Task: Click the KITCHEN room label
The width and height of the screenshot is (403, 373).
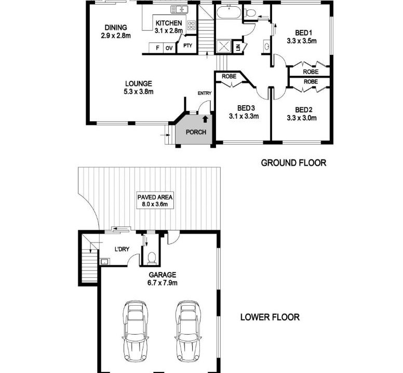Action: (169, 23)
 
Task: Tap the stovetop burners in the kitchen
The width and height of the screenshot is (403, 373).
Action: (192, 25)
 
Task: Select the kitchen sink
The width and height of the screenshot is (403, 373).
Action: (179, 9)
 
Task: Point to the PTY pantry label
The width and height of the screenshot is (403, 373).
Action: (187, 46)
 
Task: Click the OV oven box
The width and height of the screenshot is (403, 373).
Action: (169, 48)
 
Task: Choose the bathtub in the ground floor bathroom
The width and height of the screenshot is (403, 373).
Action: (229, 12)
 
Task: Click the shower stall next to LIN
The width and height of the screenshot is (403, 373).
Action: (224, 47)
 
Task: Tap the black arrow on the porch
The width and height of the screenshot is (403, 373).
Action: (205, 119)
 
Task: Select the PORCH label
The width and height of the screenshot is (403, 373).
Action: (196, 132)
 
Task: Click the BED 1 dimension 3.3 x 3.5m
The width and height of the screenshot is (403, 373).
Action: (302, 41)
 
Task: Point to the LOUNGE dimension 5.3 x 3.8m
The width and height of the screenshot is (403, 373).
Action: (139, 92)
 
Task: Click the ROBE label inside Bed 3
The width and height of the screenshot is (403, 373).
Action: (229, 76)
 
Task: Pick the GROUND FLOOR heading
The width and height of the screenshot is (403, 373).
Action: (293, 163)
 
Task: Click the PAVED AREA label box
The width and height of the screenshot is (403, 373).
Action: (155, 200)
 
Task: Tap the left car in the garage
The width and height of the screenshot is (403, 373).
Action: (136, 331)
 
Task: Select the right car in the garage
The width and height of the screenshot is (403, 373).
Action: (187, 331)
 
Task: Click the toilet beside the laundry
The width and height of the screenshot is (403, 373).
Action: (152, 258)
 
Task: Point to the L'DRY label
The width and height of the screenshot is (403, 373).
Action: (122, 249)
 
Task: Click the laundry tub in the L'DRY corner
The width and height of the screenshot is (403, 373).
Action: (104, 262)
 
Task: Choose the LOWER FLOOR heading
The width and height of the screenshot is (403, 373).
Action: (270, 317)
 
